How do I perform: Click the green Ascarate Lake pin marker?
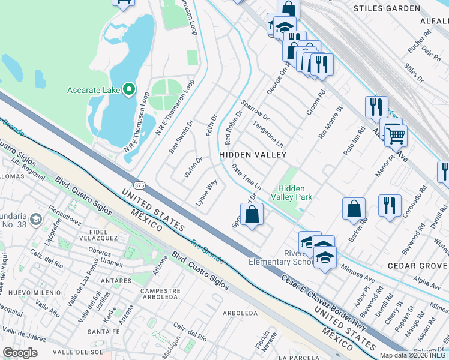coord(129,91)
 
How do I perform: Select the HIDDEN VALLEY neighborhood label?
coord(252,155)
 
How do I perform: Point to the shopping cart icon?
coord(396,136)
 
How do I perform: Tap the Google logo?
coord(20,353)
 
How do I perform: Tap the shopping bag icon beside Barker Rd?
coord(354,209)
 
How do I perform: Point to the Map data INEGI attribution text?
coord(414,355)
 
